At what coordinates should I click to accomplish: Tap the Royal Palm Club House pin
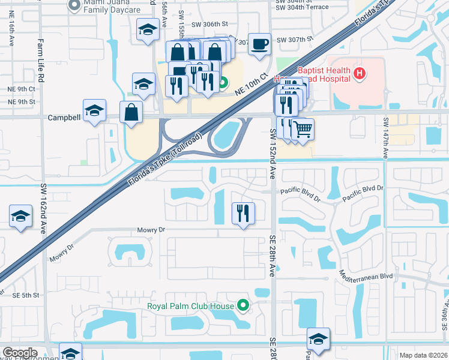point(243,306)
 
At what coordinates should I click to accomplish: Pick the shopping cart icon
point(303,128)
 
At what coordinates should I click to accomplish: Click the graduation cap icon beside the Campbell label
point(94,110)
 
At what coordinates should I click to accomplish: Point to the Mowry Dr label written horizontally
point(151,230)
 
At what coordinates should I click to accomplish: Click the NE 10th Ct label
point(250,85)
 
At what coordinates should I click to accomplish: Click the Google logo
point(20,353)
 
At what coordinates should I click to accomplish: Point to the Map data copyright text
point(424,355)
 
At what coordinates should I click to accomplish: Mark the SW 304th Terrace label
point(303,7)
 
